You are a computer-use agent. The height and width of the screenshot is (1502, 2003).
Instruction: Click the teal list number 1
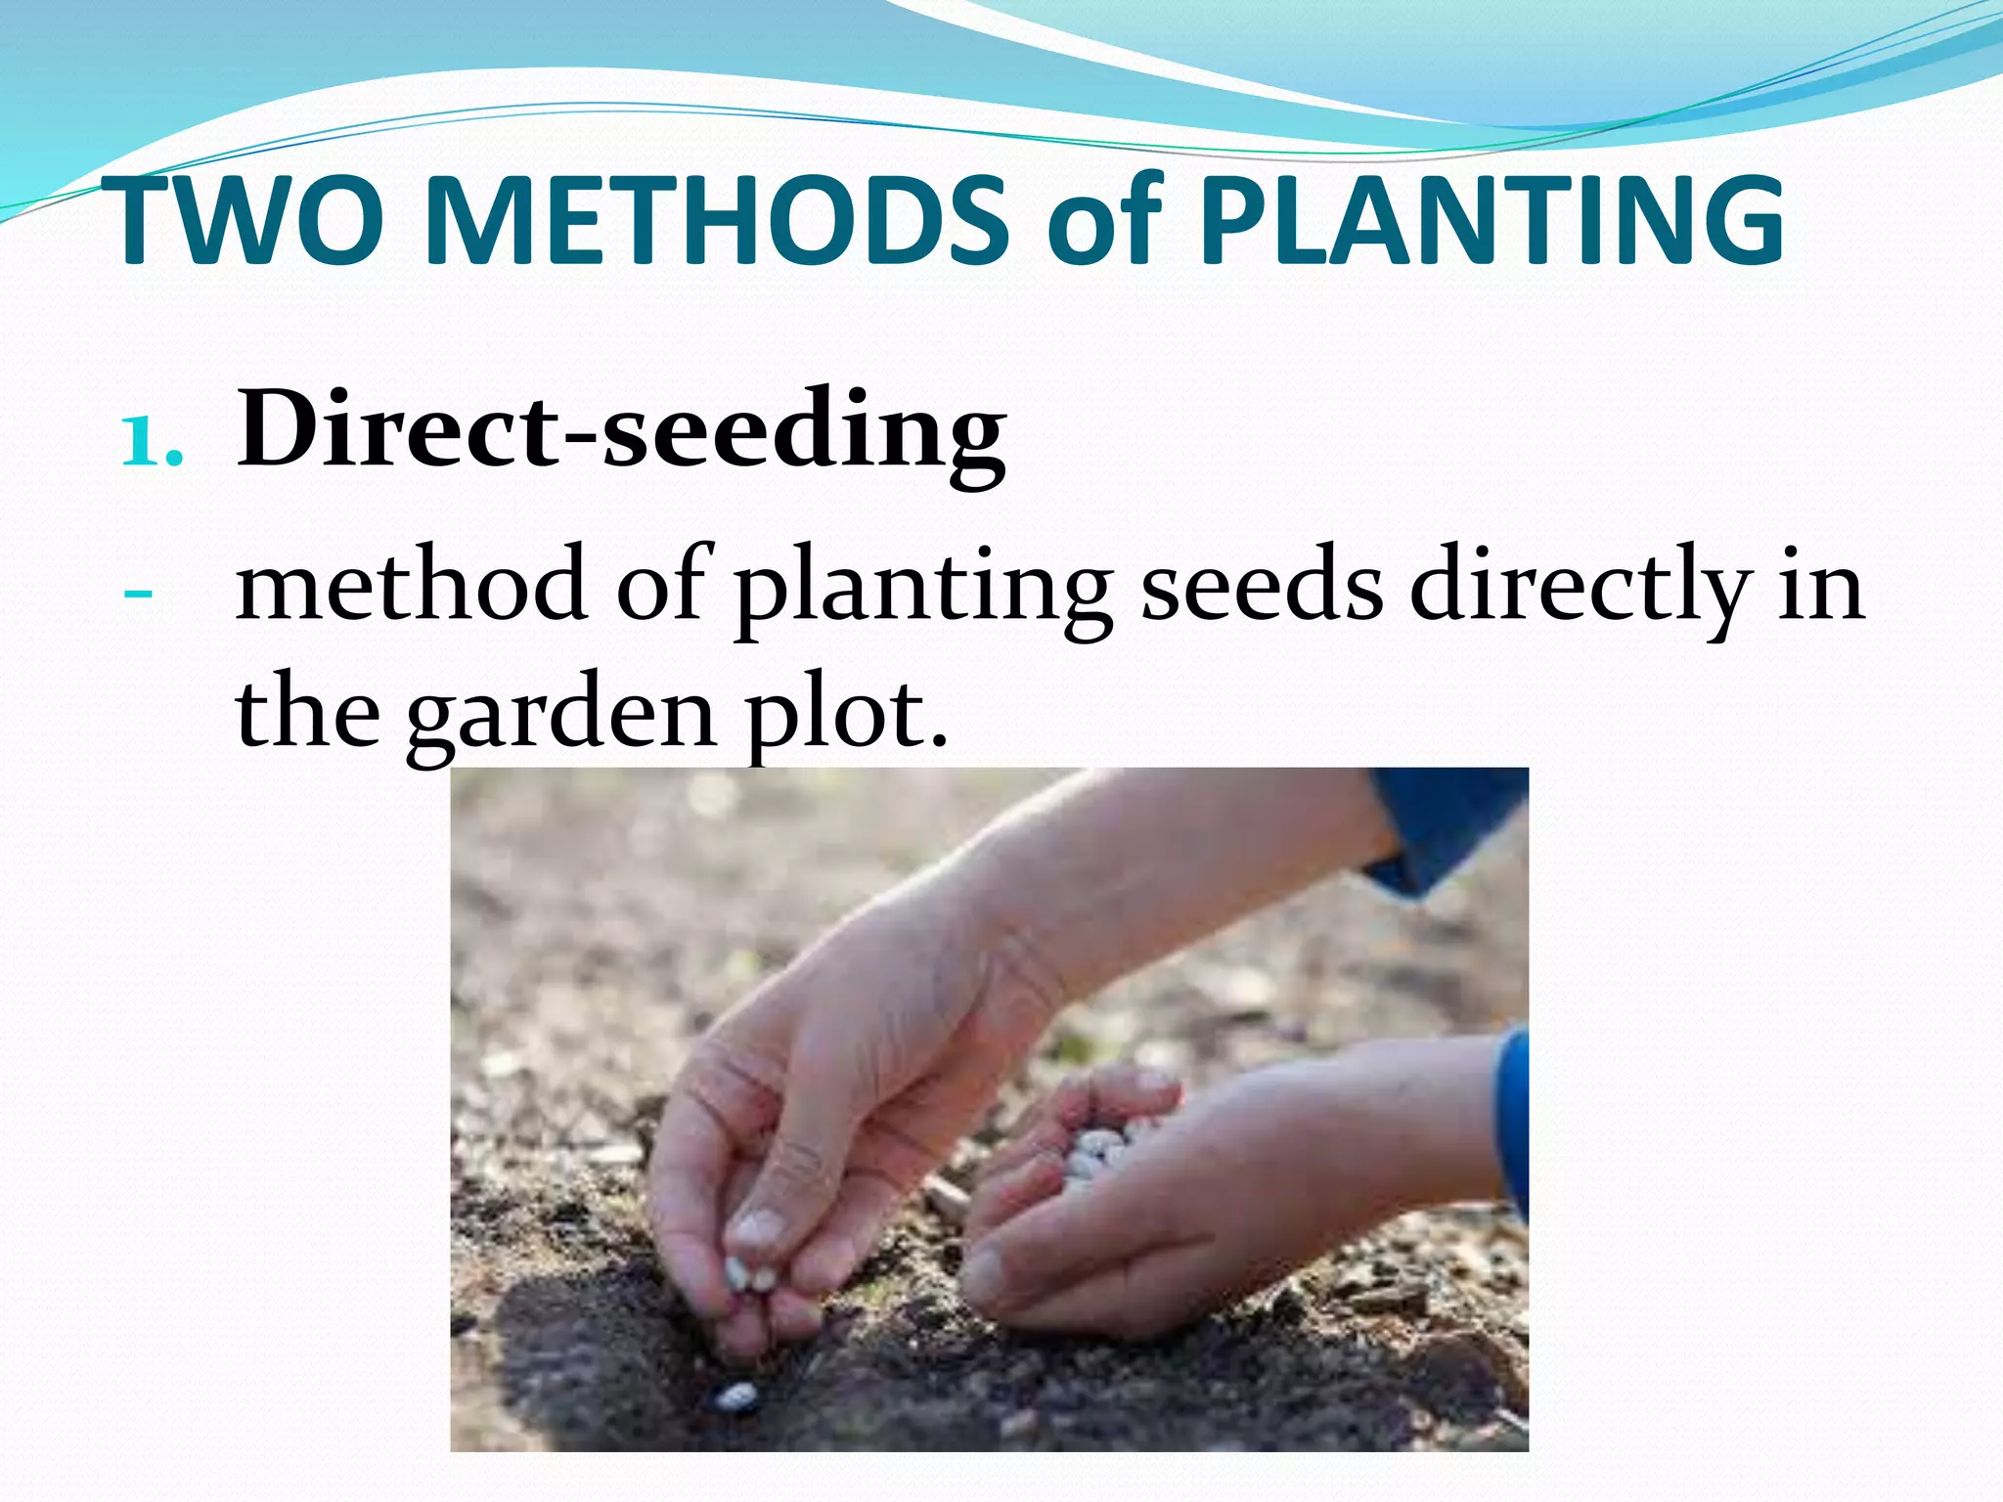tap(152, 440)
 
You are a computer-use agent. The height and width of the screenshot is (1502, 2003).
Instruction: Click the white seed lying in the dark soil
tap(736, 1397)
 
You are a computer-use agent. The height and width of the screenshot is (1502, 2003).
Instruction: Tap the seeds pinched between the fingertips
tap(749, 1275)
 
